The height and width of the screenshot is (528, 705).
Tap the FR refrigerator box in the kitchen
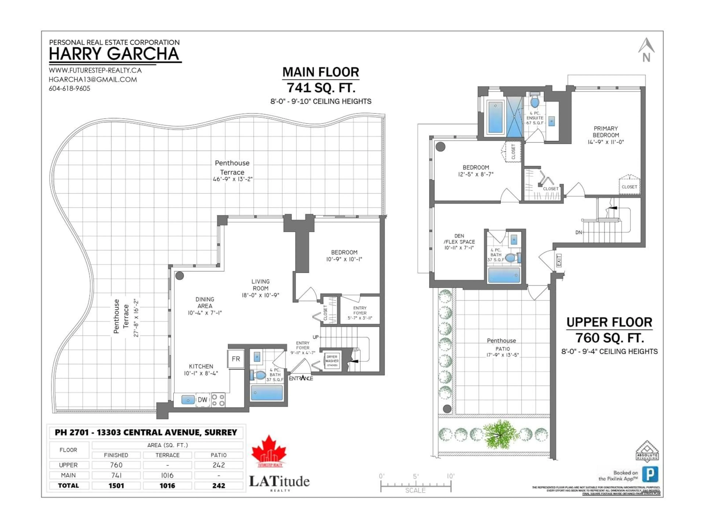point(236,359)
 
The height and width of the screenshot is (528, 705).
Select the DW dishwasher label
point(202,400)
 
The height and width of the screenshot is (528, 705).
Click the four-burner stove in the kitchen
point(218,400)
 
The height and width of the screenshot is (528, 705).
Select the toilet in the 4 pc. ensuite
point(534,102)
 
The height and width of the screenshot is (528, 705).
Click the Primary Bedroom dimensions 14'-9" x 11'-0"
point(605,142)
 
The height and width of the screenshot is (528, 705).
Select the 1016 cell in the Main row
point(167,475)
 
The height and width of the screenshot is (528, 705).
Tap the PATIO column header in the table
point(219,455)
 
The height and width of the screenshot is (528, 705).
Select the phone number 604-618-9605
point(69,89)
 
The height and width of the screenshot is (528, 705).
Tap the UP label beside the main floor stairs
point(316,337)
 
